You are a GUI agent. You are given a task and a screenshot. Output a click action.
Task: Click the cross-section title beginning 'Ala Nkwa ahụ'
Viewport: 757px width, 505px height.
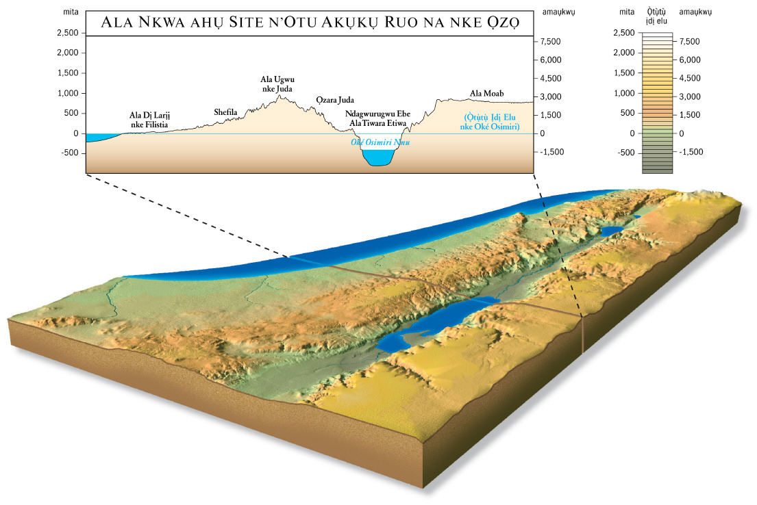310,22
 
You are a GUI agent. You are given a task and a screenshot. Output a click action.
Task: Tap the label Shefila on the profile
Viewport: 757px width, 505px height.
225,112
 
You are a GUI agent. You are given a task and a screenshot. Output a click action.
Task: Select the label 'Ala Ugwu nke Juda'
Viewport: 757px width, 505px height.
277,84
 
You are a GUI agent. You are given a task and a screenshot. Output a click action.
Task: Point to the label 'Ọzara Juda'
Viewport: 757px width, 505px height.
335,100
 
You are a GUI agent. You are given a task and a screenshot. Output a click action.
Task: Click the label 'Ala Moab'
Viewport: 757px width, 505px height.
486,93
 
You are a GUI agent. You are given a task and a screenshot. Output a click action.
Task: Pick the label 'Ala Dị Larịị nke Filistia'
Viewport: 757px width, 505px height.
149,120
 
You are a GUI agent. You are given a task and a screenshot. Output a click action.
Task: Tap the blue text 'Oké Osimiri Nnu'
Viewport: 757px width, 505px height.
380,142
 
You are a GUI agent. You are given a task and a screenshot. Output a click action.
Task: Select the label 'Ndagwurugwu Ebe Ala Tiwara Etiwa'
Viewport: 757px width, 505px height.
377,118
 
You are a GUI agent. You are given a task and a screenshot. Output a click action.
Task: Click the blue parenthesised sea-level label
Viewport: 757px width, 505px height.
490,122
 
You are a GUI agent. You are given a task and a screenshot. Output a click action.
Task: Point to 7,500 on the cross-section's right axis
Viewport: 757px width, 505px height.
550,42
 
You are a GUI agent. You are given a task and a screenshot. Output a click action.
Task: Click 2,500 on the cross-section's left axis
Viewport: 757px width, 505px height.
68,33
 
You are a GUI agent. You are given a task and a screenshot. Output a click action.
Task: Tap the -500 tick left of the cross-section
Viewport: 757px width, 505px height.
70,153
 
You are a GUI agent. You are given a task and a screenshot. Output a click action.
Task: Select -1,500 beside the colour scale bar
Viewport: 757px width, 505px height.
691,152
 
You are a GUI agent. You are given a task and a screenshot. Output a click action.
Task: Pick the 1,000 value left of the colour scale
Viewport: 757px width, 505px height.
623,93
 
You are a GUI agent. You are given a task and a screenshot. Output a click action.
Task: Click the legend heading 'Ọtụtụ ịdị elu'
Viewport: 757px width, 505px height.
656,16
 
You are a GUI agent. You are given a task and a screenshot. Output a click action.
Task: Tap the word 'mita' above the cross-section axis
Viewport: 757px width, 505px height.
71,12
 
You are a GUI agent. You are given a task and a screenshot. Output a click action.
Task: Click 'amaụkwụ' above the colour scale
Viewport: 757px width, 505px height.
695,12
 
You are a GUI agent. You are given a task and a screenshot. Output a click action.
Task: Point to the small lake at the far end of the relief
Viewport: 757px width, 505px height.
612,231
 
